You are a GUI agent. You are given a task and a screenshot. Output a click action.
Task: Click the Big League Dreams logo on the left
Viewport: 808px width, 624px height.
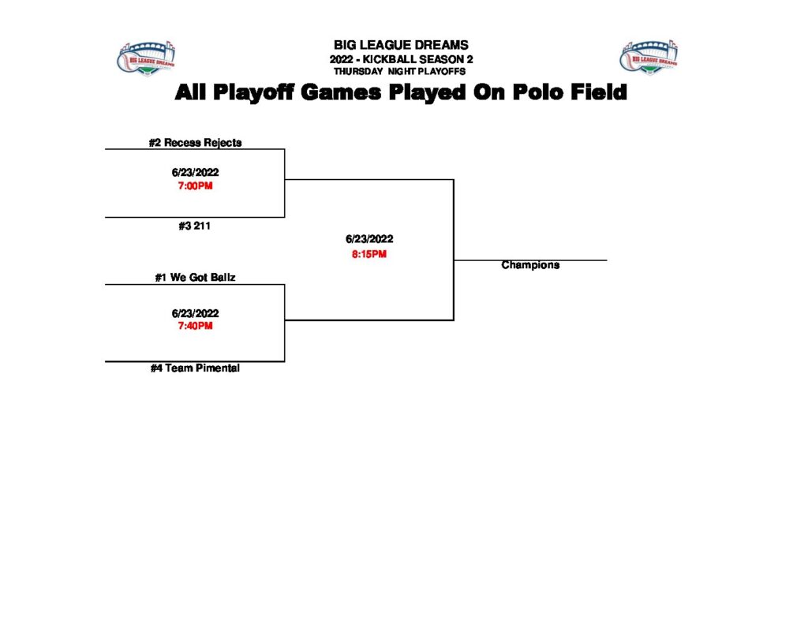tap(146, 58)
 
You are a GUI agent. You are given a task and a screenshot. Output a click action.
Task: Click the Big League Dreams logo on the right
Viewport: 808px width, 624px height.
tap(649, 58)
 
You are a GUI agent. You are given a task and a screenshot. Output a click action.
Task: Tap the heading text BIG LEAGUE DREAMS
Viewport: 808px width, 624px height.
tap(401, 45)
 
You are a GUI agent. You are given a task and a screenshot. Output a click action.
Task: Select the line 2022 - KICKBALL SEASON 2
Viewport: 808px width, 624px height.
tap(401, 60)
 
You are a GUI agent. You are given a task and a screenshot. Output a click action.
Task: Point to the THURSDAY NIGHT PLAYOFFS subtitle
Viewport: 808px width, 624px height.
tap(401, 72)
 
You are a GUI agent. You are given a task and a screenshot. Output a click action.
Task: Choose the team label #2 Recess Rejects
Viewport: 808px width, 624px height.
tap(195, 143)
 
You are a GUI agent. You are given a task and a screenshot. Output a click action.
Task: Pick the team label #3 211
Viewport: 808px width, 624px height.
tap(195, 226)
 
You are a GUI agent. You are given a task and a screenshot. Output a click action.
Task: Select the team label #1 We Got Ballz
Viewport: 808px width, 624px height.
tap(195, 278)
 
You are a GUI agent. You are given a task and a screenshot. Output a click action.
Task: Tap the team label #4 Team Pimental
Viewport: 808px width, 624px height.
tap(195, 368)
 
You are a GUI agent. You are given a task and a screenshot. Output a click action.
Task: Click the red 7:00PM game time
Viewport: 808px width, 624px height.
tap(195, 186)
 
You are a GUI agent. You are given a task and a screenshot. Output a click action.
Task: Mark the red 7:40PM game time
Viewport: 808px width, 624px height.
tap(195, 326)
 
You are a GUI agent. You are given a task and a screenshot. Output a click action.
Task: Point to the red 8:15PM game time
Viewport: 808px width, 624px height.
tap(369, 254)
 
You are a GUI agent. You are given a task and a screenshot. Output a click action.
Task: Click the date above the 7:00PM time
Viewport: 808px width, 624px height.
tap(195, 172)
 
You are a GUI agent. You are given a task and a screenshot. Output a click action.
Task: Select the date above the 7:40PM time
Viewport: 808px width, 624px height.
tap(195, 312)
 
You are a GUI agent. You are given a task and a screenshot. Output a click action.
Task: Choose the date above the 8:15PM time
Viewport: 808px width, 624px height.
tap(369, 239)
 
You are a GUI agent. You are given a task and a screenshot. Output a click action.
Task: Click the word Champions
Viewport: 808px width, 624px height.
tap(530, 265)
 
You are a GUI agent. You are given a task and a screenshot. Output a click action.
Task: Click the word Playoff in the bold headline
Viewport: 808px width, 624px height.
tap(252, 93)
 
